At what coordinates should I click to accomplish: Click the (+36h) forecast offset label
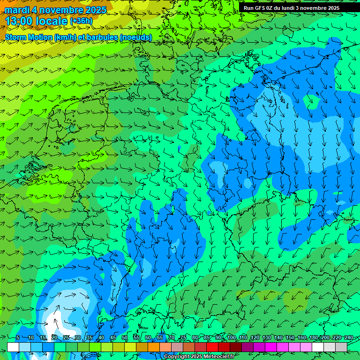pos(81,21)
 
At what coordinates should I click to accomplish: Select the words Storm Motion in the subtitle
pos(29,37)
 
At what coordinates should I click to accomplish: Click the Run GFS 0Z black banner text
pos(291,8)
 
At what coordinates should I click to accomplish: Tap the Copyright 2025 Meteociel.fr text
pos(198,357)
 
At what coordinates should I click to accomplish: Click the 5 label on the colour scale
pos(18,337)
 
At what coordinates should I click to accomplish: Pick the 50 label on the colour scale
pos(125,337)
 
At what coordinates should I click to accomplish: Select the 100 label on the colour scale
pos(232,337)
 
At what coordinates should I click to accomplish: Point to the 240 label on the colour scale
pos(348,337)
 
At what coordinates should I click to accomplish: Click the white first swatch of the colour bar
pos(13,347)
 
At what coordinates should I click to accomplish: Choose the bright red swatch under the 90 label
pos(212,347)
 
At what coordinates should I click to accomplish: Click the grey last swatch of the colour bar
pos(341,347)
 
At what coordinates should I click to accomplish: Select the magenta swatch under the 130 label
pos(271,347)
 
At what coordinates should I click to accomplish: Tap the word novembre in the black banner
pos(313,8)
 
